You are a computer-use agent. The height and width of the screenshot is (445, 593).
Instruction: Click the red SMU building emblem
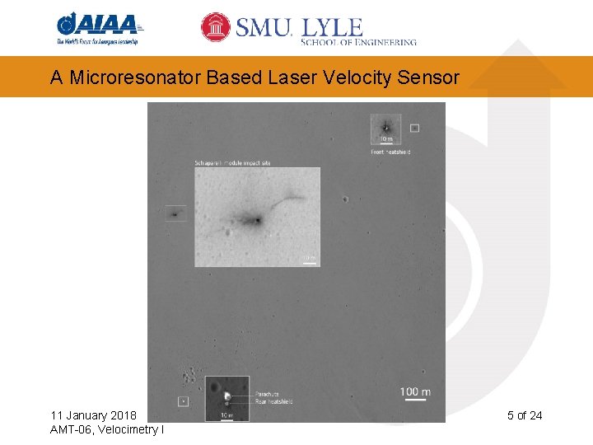coord(216,27)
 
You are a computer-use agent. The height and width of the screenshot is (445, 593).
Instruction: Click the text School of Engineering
coord(359,41)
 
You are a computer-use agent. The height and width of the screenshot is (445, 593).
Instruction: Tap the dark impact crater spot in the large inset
coord(258,220)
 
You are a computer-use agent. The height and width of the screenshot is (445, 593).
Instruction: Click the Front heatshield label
coord(390,152)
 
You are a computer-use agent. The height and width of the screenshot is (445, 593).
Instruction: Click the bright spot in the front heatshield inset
coord(385,128)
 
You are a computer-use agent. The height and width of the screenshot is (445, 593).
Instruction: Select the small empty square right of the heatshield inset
coord(414,128)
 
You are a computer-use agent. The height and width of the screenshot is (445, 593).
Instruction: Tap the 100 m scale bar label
coord(415,391)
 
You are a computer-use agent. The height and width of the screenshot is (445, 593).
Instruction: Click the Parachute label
coord(266,395)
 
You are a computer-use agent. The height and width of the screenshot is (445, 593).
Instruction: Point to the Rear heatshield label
coord(273,401)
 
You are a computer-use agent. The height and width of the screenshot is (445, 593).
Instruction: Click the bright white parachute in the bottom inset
coord(226,396)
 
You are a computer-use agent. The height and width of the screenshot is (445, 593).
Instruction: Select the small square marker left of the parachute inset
coord(184,401)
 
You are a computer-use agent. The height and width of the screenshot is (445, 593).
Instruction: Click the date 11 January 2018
coord(94,415)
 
